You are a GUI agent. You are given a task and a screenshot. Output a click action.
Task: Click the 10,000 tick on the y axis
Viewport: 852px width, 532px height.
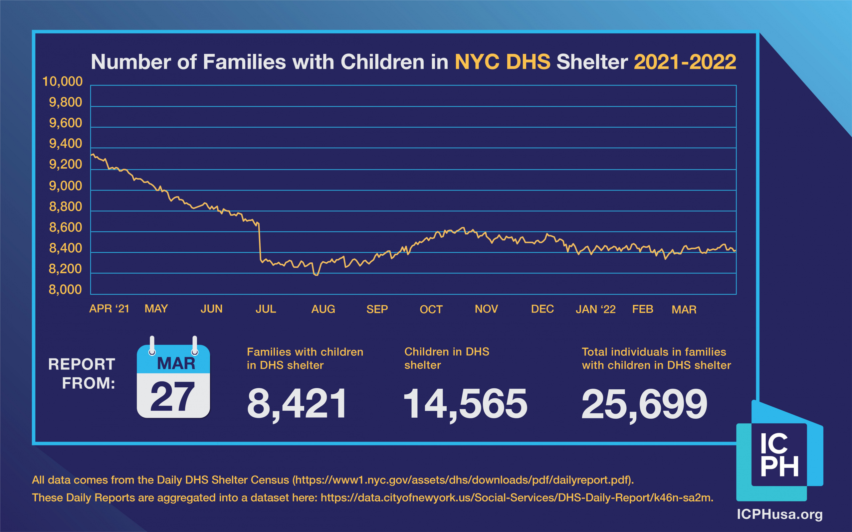[x=62, y=82]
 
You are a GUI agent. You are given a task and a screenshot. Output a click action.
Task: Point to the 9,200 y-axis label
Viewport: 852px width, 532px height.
[x=66, y=165]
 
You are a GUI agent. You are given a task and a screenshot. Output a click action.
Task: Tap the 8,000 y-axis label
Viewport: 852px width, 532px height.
[x=65, y=290]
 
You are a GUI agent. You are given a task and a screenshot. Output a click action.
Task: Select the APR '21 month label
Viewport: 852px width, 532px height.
[x=109, y=309]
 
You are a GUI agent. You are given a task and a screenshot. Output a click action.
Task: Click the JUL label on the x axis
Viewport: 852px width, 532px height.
[x=266, y=309]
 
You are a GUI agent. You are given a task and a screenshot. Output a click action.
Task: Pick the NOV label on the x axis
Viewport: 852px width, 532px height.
[x=486, y=309]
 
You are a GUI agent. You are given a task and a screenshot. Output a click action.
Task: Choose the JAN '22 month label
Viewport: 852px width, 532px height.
[x=595, y=310]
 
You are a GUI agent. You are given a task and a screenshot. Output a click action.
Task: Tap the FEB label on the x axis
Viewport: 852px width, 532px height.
[x=643, y=309]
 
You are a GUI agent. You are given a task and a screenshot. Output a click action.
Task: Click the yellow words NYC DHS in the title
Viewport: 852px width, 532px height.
[x=503, y=62]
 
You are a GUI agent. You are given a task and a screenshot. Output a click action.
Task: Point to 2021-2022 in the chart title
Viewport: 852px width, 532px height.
[x=685, y=62]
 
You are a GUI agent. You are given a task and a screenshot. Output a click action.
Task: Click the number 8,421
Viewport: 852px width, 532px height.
[x=297, y=404]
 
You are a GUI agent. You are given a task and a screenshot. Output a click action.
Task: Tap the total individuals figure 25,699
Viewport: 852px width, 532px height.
[x=644, y=404]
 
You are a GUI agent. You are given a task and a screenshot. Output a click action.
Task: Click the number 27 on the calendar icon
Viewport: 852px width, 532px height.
[x=172, y=397]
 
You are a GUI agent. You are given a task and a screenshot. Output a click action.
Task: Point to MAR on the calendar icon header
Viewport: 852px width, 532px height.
[x=176, y=363]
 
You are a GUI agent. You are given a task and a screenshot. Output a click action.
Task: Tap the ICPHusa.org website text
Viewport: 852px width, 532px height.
[x=779, y=514]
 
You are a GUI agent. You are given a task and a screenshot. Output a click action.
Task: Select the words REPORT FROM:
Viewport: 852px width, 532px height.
[x=82, y=374]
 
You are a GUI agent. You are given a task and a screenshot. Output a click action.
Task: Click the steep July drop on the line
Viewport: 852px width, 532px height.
[x=260, y=243]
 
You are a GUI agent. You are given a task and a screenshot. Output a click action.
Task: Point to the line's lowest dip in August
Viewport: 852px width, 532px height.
[x=316, y=275]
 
